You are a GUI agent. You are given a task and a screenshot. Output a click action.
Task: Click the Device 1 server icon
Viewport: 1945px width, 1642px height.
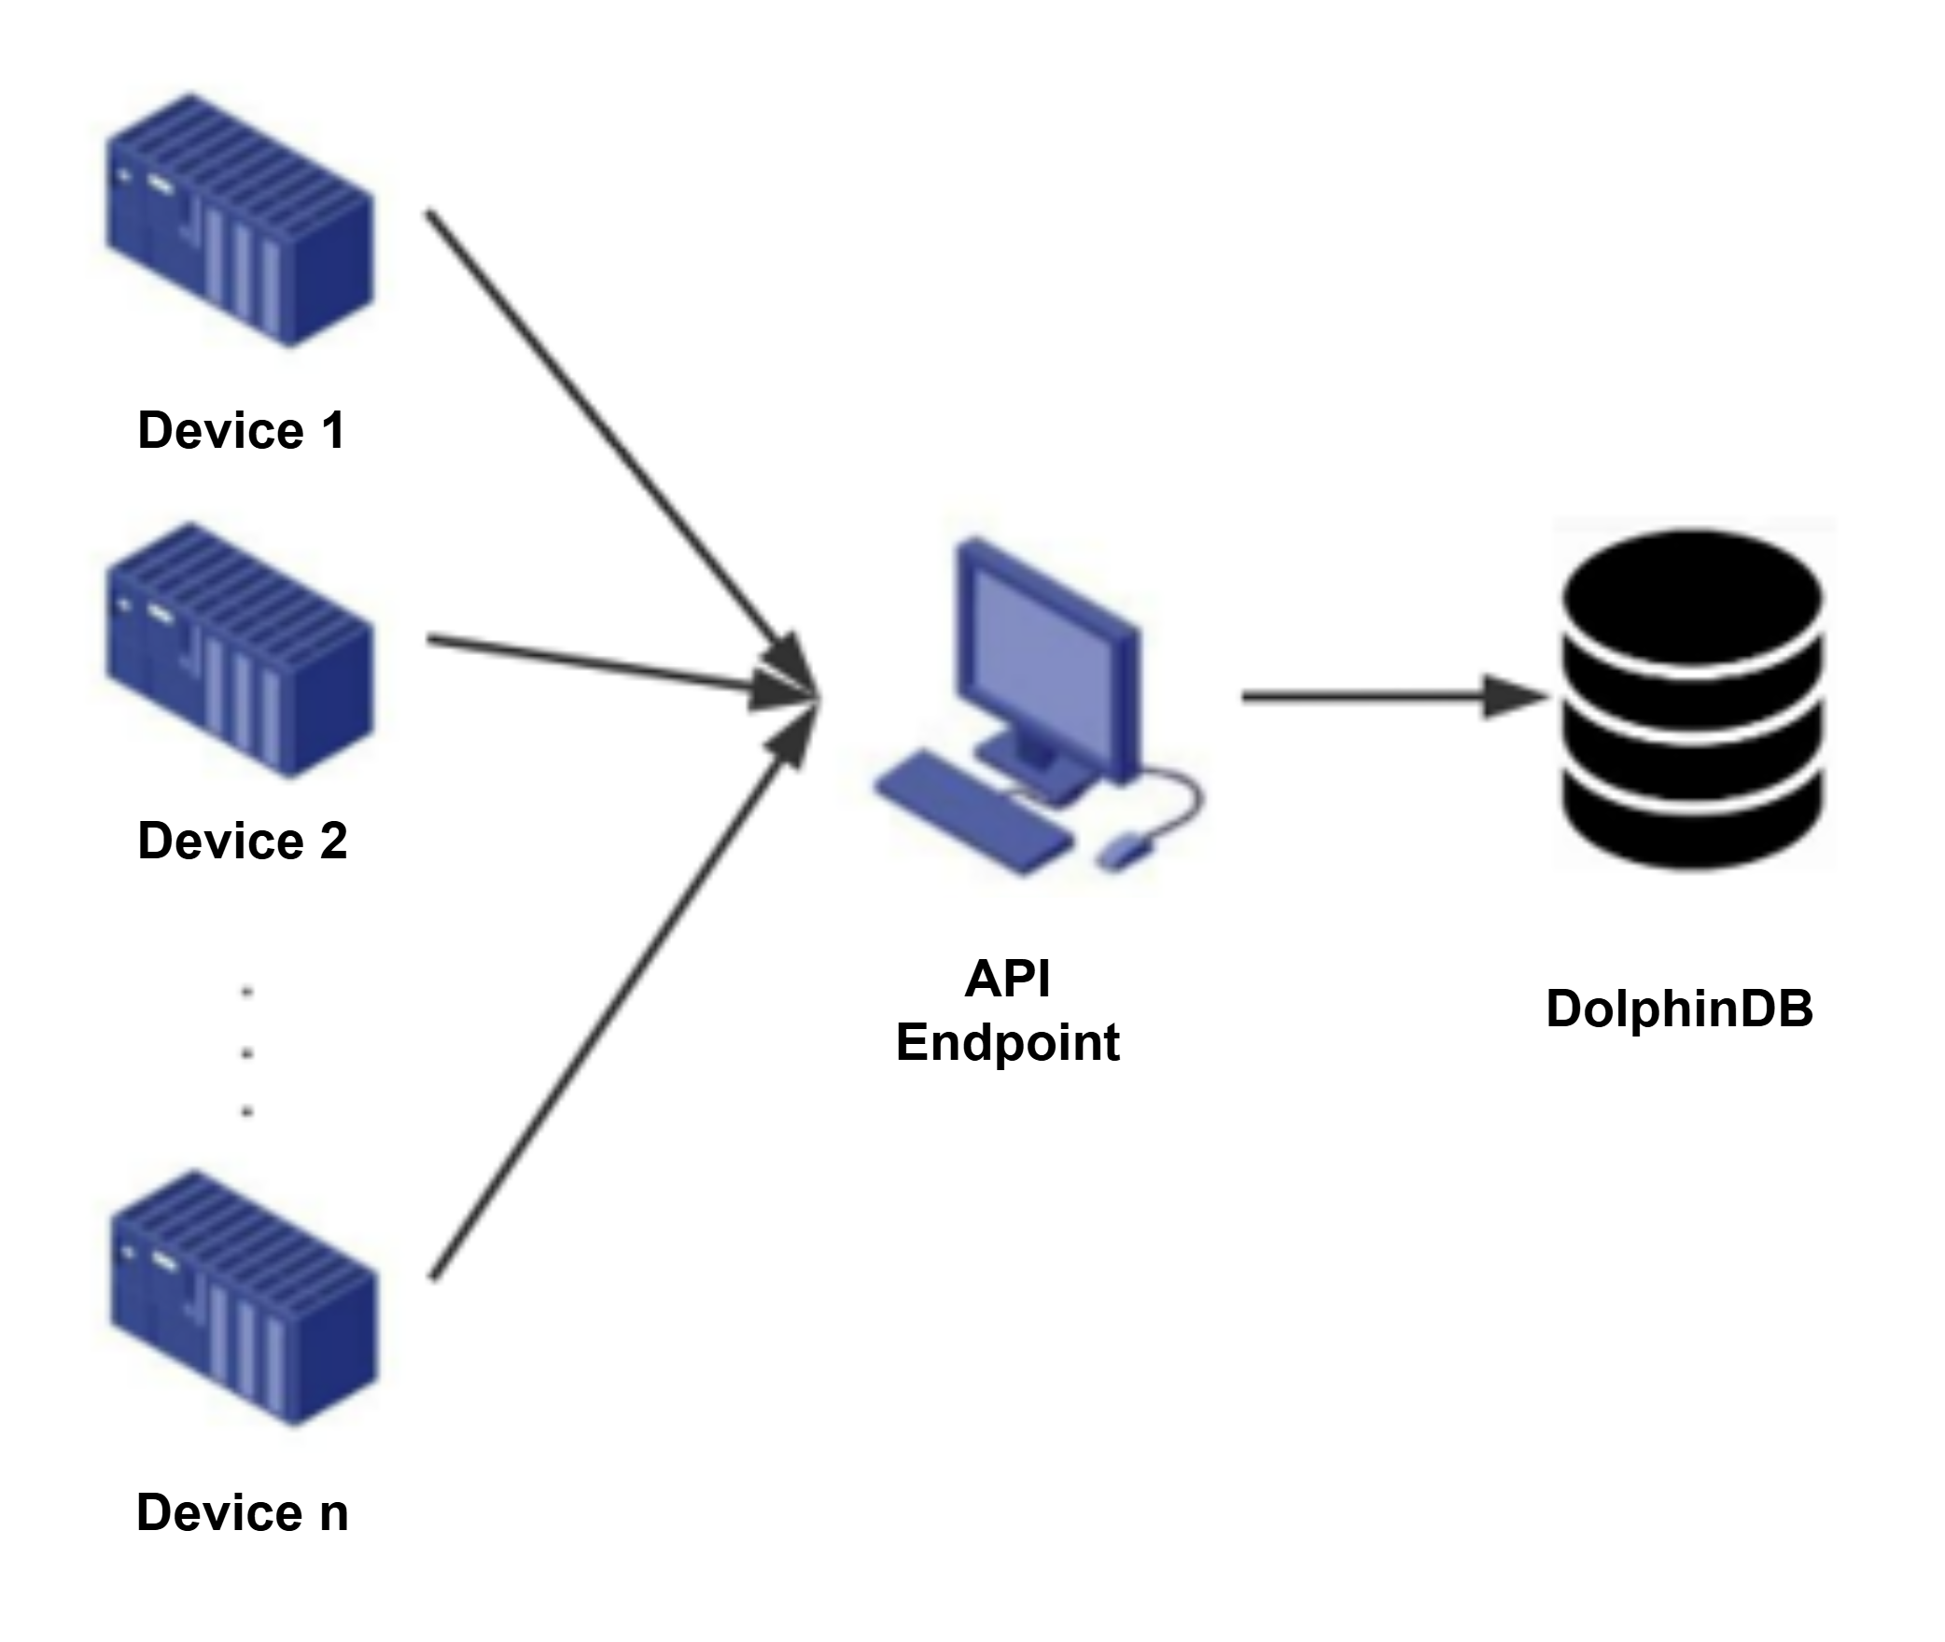pos(240,220)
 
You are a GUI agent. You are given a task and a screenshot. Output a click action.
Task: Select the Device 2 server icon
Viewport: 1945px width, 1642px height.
pos(240,650)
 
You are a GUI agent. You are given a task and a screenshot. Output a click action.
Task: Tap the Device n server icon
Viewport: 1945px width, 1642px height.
pos(244,1299)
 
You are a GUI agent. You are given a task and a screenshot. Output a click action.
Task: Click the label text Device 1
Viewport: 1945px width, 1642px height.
pos(242,430)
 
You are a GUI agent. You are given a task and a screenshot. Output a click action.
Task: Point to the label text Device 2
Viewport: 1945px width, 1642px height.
pos(243,841)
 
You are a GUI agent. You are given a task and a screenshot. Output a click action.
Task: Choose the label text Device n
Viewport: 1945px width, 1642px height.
pos(243,1512)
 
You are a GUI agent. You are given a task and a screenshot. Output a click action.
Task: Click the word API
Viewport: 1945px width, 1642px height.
pos(1008,979)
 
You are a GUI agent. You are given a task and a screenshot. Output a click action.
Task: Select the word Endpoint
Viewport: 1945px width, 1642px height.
pos(1008,1042)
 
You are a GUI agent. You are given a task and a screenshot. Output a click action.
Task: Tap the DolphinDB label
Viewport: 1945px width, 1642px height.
pos(1680,1009)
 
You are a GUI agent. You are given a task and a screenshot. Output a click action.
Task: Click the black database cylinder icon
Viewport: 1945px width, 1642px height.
pos(1694,700)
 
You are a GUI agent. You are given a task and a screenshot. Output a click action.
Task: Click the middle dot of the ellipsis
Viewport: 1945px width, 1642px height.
pos(247,1052)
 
